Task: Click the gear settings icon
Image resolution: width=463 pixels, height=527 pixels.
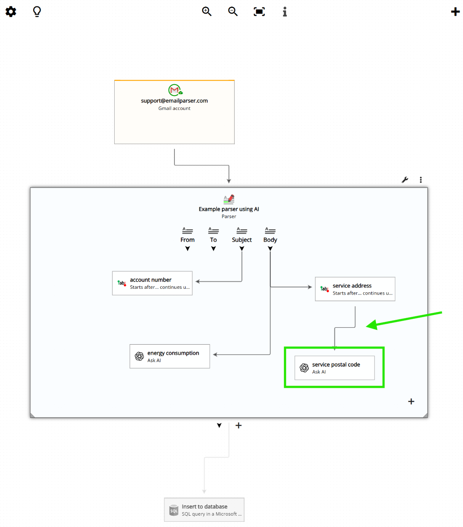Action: tap(11, 12)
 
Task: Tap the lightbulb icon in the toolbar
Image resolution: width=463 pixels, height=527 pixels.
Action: tap(37, 12)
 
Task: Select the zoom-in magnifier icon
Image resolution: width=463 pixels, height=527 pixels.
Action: tap(207, 12)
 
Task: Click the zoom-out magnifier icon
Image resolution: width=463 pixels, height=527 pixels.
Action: tap(233, 12)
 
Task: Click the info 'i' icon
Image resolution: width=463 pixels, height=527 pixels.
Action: tap(285, 12)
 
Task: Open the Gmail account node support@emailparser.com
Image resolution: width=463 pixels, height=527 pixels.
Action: tap(174, 112)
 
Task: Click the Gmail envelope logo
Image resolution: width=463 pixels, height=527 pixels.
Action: tap(175, 90)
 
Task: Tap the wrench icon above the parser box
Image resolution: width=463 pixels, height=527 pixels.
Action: tap(405, 180)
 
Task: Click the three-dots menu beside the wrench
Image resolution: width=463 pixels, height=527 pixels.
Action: tap(421, 180)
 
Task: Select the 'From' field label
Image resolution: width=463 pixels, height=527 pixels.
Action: tap(187, 240)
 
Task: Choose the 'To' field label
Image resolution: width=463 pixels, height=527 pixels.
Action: tap(213, 240)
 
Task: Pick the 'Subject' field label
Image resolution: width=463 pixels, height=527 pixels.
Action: tap(242, 240)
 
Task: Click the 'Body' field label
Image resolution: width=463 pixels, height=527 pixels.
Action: tap(270, 240)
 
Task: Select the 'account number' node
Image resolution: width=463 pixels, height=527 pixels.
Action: tap(152, 283)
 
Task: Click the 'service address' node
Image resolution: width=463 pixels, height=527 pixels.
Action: tap(355, 289)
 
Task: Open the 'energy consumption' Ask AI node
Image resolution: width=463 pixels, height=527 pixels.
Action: tap(170, 356)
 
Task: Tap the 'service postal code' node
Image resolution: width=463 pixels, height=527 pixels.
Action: tap(334, 368)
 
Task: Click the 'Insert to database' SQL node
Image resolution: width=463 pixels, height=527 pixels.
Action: tap(204, 510)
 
